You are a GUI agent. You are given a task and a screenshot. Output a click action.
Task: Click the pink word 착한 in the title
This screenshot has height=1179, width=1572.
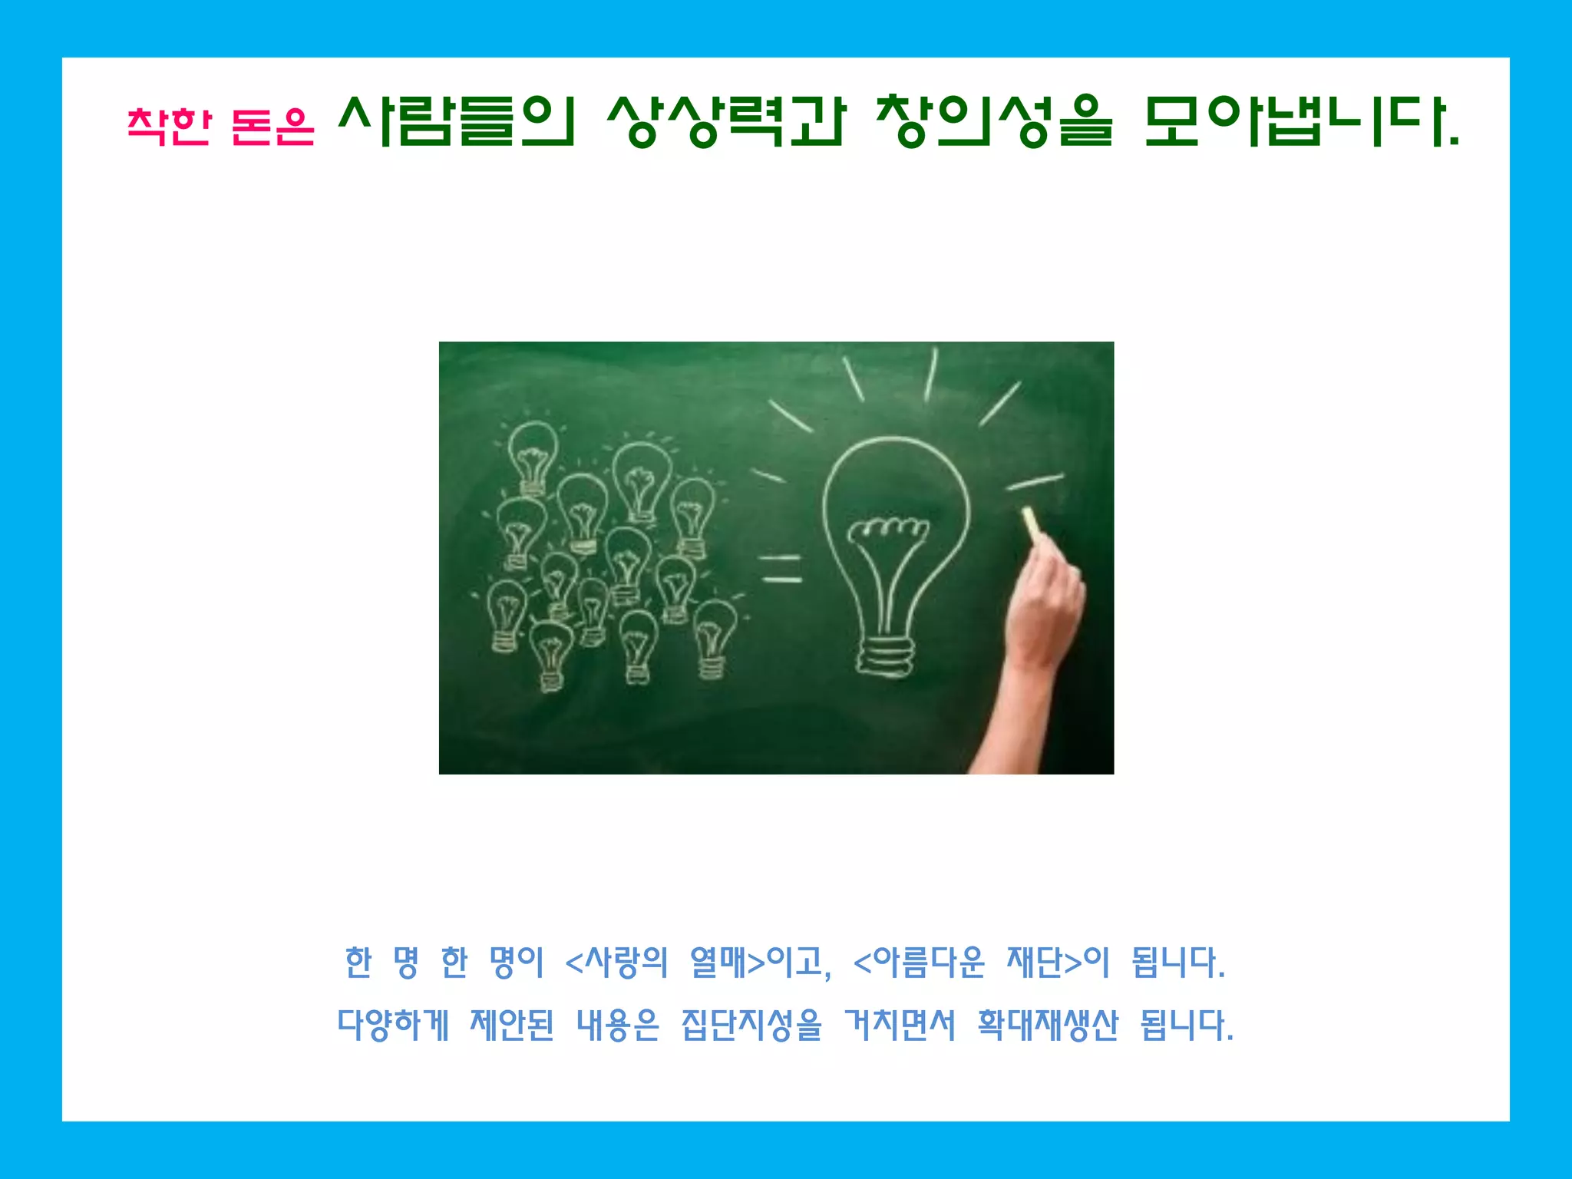[x=169, y=125]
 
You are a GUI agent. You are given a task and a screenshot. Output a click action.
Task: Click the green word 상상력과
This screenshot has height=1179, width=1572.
[x=725, y=121]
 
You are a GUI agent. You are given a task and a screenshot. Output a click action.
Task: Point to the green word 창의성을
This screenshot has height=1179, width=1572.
[x=994, y=121]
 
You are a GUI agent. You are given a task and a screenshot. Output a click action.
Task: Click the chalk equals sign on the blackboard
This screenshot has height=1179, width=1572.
[x=781, y=569]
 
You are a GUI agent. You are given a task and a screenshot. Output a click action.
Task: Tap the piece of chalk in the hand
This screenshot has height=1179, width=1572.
[x=1032, y=521]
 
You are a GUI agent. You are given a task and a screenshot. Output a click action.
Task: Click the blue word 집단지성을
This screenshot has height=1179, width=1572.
[x=751, y=1025]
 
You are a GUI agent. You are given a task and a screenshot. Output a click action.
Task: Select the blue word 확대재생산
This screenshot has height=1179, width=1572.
[x=1048, y=1025]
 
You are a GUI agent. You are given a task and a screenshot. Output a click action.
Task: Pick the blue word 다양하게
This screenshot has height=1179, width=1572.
[x=393, y=1025]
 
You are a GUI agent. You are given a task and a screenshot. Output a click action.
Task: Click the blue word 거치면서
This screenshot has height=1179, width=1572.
[x=900, y=1025]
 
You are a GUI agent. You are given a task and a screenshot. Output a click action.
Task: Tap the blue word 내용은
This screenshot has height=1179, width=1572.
[x=618, y=1025]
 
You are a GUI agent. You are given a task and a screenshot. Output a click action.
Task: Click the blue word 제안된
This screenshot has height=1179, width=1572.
[x=512, y=1025]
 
